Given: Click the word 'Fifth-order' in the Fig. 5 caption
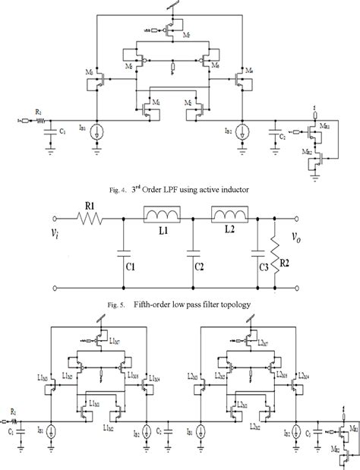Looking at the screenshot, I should point(150,304).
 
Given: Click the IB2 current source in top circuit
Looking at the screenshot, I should point(242,130).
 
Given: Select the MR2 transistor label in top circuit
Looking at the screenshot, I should point(309,150).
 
